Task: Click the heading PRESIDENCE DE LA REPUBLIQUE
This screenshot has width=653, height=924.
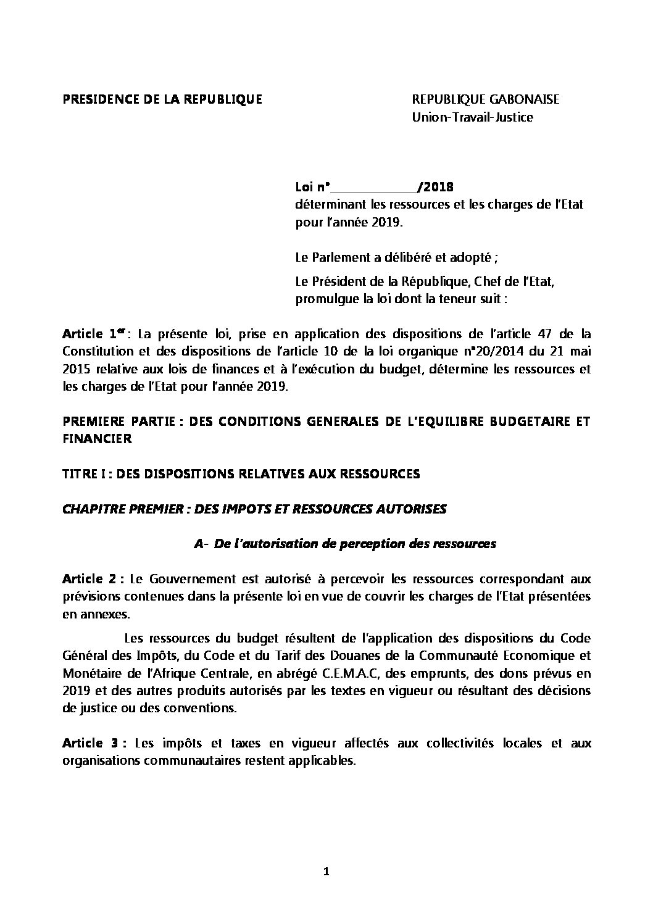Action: [x=162, y=99]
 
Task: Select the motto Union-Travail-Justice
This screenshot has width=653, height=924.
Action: [x=472, y=117]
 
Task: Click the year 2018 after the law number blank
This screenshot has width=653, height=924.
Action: [x=439, y=187]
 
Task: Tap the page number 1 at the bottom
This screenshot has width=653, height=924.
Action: [x=326, y=872]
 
